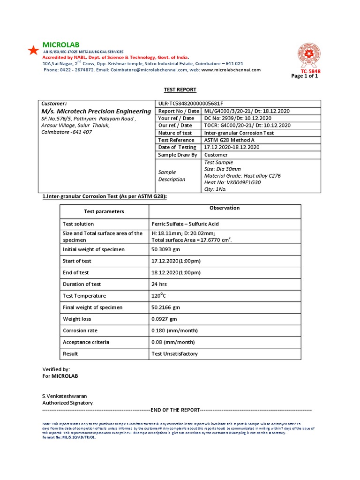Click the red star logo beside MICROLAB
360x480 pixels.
pyautogui.click(x=33, y=51)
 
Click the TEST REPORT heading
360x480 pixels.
pyautogui.click(x=180, y=90)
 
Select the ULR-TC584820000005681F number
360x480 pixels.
pyautogui.click(x=190, y=104)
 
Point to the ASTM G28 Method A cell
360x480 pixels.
pyautogui.click(x=228, y=140)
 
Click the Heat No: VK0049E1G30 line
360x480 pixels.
pyautogui.click(x=232, y=183)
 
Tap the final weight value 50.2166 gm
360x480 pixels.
pyautogui.click(x=166, y=307)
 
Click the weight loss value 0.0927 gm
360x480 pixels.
pyautogui.click(x=165, y=319)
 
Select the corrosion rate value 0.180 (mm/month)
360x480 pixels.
pyautogui.click(x=173, y=330)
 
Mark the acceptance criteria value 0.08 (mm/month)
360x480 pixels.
pyautogui.click(x=173, y=342)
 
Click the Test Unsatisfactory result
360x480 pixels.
pyautogui.click(x=175, y=354)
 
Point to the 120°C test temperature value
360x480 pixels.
pyautogui.click(x=159, y=296)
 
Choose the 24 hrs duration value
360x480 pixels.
pyautogui.click(x=159, y=284)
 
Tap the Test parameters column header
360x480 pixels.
pyautogui.click(x=104, y=211)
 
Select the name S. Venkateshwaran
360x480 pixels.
pyautogui.click(x=65, y=396)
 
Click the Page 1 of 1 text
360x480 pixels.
pyautogui.click(x=305, y=76)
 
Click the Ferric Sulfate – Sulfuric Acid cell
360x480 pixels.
pyautogui.click(x=185, y=224)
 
